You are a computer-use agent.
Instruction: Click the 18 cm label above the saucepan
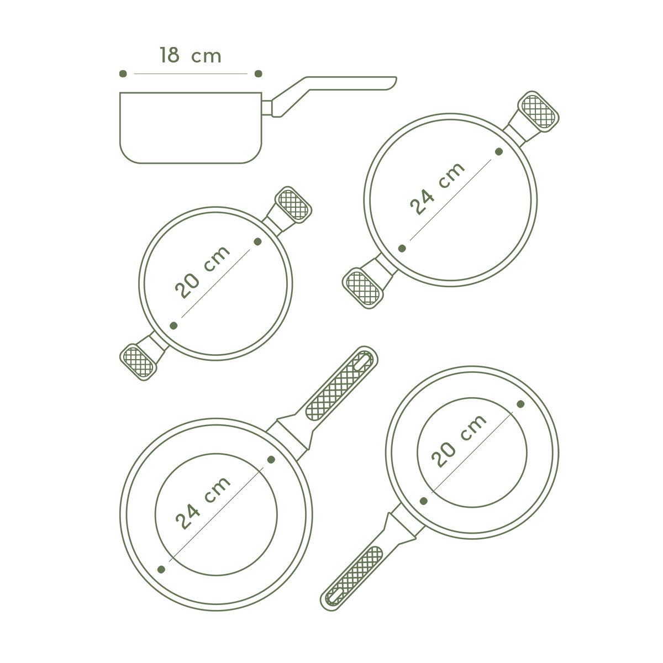tap(190, 55)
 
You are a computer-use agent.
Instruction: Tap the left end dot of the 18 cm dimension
tap(123, 73)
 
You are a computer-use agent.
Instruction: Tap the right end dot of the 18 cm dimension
tap(259, 73)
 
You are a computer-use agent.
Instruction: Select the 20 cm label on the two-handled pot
tap(202, 272)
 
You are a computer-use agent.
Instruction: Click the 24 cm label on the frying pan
tap(203, 503)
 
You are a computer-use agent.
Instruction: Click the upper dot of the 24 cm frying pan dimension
tap(271, 460)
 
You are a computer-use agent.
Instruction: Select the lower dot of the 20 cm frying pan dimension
tap(424, 501)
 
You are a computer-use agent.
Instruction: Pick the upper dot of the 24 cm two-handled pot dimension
tap(499, 151)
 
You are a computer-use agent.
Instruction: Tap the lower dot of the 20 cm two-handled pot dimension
tap(173, 325)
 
